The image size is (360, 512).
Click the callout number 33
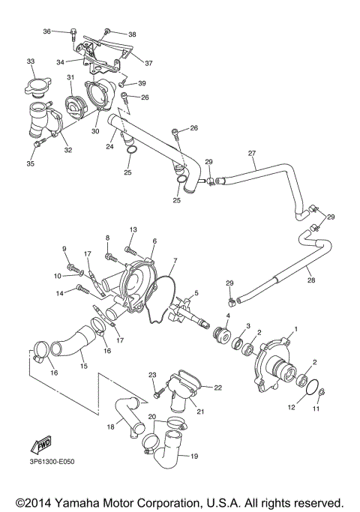click(31, 61)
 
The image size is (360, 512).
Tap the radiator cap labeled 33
click(37, 86)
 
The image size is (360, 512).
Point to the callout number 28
click(310, 280)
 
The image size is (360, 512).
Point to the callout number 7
click(175, 262)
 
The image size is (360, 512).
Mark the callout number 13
click(132, 229)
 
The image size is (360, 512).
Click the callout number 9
click(64, 248)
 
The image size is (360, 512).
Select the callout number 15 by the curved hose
click(84, 367)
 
